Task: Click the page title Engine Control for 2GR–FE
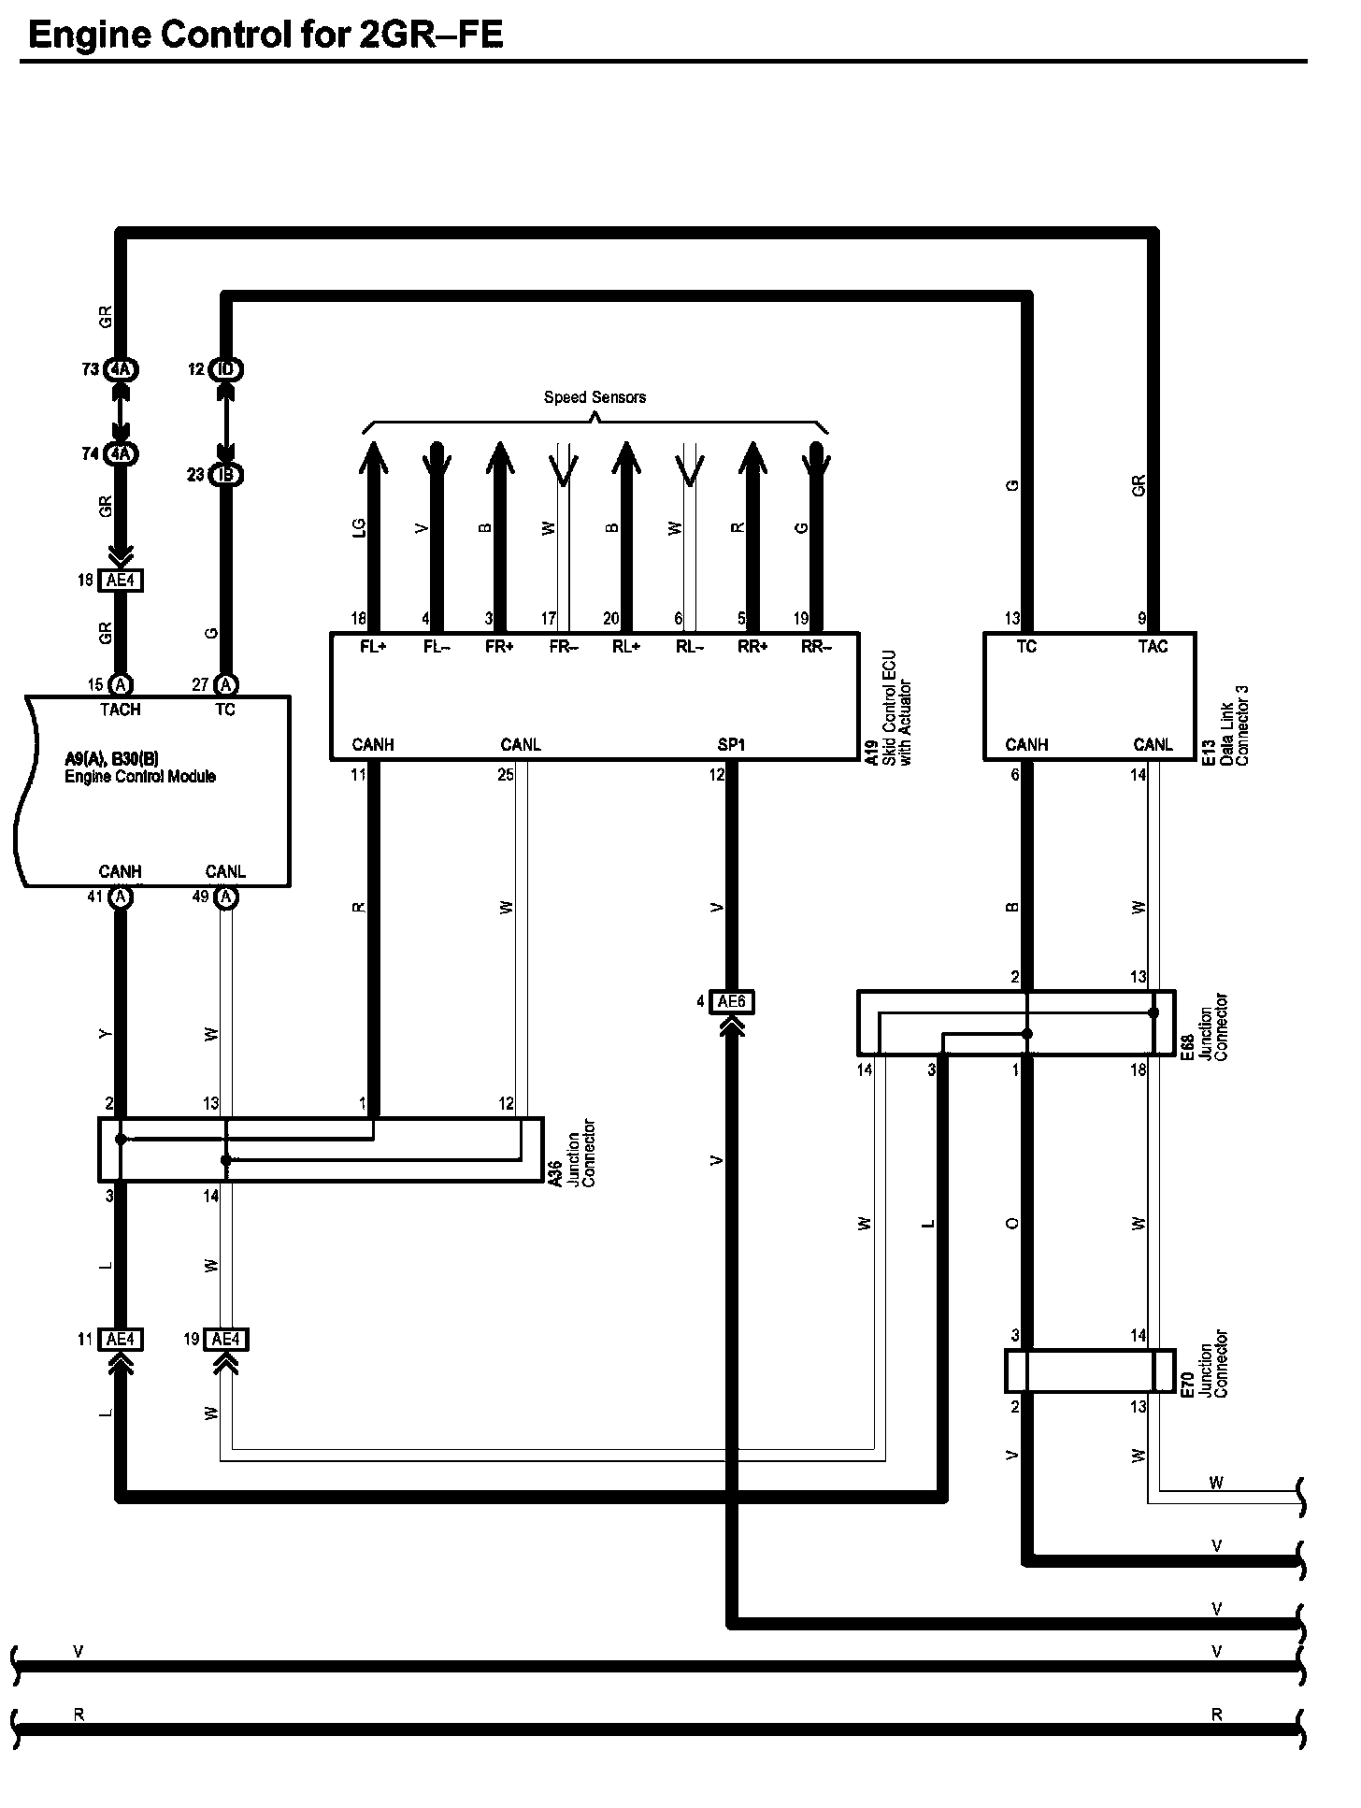(x=266, y=36)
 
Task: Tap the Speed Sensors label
(x=595, y=397)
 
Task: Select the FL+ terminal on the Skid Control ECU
(x=373, y=647)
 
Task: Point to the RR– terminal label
(x=816, y=647)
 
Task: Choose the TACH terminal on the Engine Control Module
(x=120, y=710)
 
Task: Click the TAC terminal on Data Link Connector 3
(x=1153, y=647)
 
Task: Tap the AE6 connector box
(x=732, y=1002)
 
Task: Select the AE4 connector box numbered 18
(x=122, y=581)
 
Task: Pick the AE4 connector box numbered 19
(x=225, y=1340)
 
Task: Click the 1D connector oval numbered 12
(x=225, y=369)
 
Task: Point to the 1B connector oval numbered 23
(x=225, y=475)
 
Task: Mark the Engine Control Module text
(x=140, y=777)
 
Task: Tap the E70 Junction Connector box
(x=1089, y=1371)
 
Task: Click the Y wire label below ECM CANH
(x=106, y=1034)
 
